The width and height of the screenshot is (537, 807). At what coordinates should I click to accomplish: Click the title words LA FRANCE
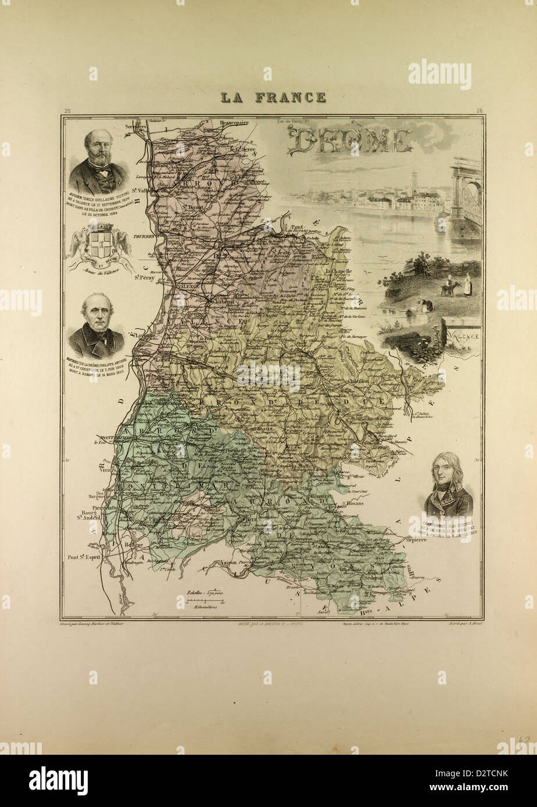point(273,97)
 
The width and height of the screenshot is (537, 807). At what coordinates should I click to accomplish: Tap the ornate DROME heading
point(349,141)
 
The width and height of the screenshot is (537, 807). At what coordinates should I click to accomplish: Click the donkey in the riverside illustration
point(449,288)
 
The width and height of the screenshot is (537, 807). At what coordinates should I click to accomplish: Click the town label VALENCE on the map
point(189,286)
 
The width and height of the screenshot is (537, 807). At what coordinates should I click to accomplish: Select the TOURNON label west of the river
point(142,237)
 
